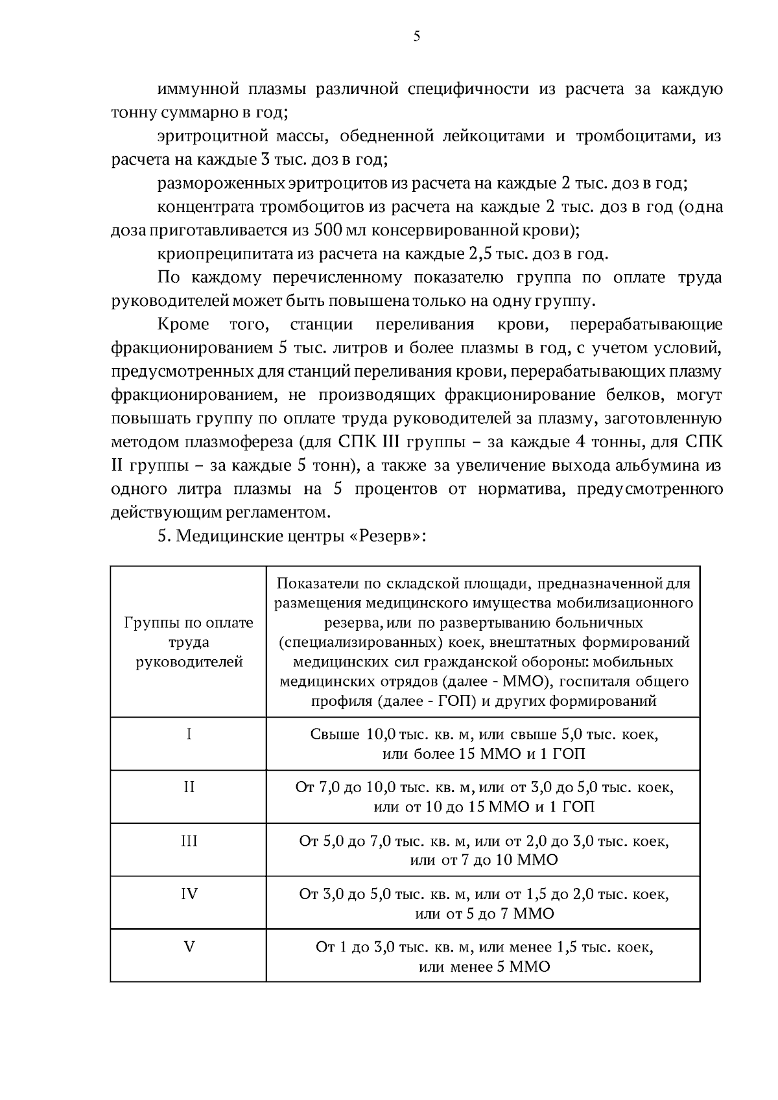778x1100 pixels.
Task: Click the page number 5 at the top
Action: coord(416,37)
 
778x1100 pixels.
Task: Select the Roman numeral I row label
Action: coord(189,734)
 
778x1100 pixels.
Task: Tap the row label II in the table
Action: coord(189,787)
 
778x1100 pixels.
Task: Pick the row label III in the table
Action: coord(189,841)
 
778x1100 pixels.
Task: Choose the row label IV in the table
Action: coord(189,894)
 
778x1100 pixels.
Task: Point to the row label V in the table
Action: coord(189,947)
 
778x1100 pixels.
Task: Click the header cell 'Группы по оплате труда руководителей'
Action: coord(189,642)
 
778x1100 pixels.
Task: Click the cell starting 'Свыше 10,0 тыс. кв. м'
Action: coord(484,744)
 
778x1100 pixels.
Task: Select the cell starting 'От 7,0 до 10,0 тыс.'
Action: coord(484,797)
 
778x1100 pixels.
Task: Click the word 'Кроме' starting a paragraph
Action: coord(183,324)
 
